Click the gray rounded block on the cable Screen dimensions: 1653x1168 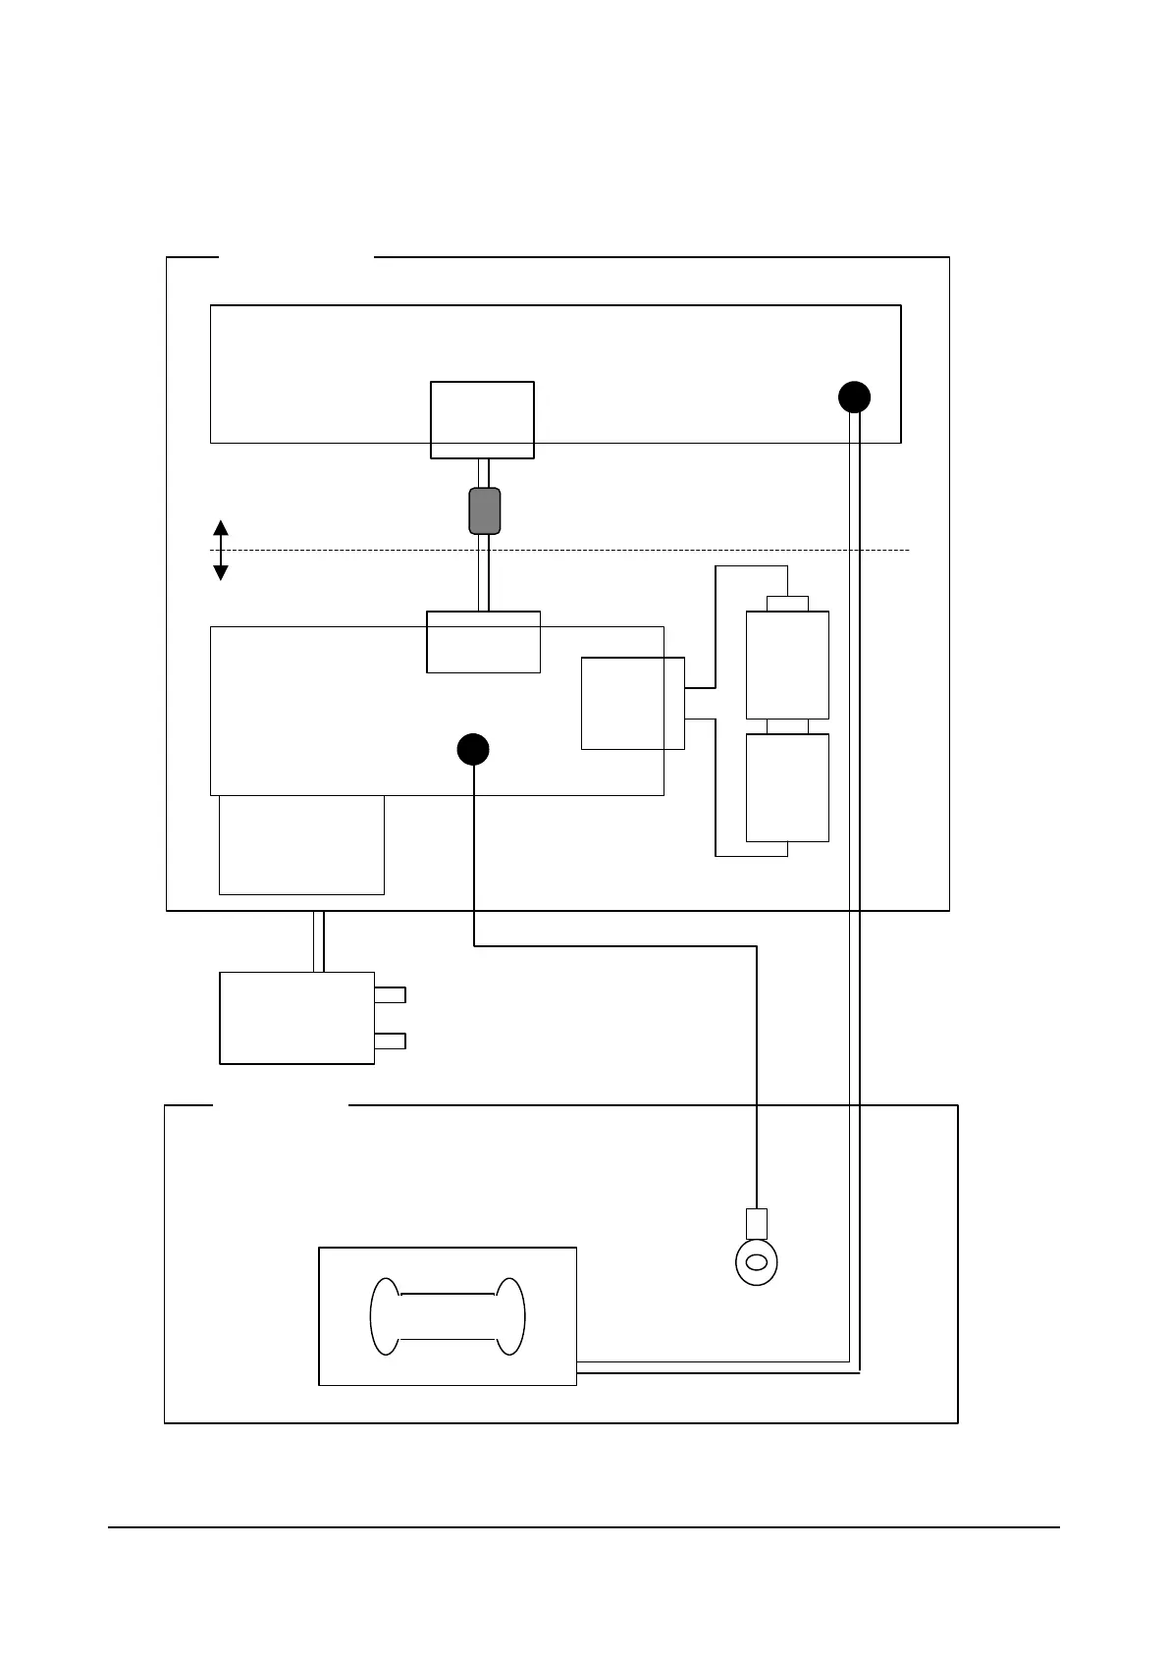(485, 510)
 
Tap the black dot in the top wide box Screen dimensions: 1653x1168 (854, 398)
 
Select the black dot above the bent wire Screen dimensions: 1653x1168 (473, 749)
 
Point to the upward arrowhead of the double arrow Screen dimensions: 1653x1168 (221, 528)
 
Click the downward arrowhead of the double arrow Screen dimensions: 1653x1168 (221, 572)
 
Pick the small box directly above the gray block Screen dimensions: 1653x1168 (482, 420)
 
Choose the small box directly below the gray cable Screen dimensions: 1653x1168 (483, 642)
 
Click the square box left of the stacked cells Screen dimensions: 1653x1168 (632, 704)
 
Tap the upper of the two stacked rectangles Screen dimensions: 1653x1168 (787, 665)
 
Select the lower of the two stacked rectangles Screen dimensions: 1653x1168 (787, 787)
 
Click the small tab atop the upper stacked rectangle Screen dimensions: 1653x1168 (787, 603)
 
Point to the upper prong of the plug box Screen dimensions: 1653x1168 (390, 994)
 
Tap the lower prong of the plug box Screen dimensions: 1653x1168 (390, 1040)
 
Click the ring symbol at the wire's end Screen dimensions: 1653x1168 (756, 1261)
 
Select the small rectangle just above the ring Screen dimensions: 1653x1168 (757, 1224)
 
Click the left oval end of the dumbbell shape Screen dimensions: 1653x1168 (384, 1316)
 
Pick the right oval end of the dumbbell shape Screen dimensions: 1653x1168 (510, 1316)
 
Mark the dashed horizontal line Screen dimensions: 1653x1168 (589, 550)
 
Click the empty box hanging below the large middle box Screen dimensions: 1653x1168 (301, 844)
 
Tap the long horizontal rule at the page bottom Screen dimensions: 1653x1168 (584, 1527)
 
